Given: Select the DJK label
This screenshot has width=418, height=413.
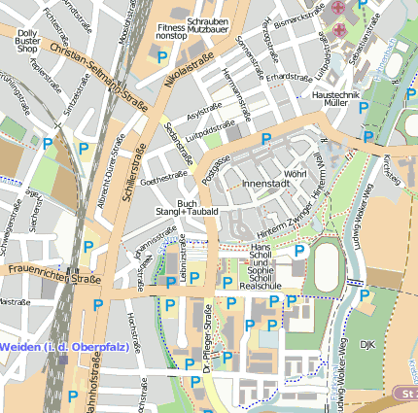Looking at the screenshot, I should point(366,344).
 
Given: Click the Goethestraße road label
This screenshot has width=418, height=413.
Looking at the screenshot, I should point(162,179).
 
